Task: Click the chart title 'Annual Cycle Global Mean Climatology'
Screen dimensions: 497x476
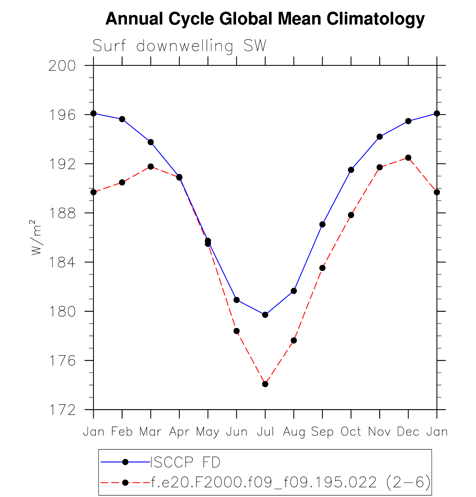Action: pos(265,19)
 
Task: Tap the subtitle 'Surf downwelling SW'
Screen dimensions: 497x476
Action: pos(179,46)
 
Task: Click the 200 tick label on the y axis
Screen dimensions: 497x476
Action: pos(62,66)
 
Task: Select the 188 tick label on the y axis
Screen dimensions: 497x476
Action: pos(62,213)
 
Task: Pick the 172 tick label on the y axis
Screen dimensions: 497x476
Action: pos(62,410)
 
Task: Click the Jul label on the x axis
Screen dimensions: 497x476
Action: pos(265,432)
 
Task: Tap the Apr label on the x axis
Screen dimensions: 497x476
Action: pos(179,432)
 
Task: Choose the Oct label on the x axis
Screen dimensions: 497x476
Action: pos(351,432)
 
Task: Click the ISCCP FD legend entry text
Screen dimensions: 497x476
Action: pos(185,462)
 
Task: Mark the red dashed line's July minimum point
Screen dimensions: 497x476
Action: pos(265,384)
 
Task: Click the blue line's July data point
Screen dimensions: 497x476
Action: pos(265,315)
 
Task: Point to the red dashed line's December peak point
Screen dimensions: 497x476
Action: pos(408,158)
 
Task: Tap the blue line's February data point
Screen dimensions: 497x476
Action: pos(122,119)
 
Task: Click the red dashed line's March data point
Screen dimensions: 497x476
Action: pos(151,167)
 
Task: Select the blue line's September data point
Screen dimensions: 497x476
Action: pos(322,225)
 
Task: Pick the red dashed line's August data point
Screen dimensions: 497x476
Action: pos(294,340)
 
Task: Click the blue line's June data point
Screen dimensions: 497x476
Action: pos(237,300)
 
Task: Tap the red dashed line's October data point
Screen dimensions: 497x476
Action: pos(351,215)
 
